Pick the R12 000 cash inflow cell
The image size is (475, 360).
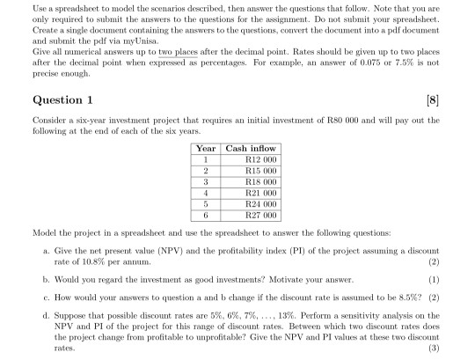[260, 160]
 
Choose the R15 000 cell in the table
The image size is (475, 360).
[260, 171]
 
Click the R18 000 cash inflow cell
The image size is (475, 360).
[260, 182]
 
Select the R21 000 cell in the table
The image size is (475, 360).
[260, 193]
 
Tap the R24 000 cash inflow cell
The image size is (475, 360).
[260, 203]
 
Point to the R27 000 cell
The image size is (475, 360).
[260, 215]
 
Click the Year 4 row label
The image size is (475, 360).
[206, 193]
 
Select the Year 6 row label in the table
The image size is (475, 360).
[206, 215]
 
